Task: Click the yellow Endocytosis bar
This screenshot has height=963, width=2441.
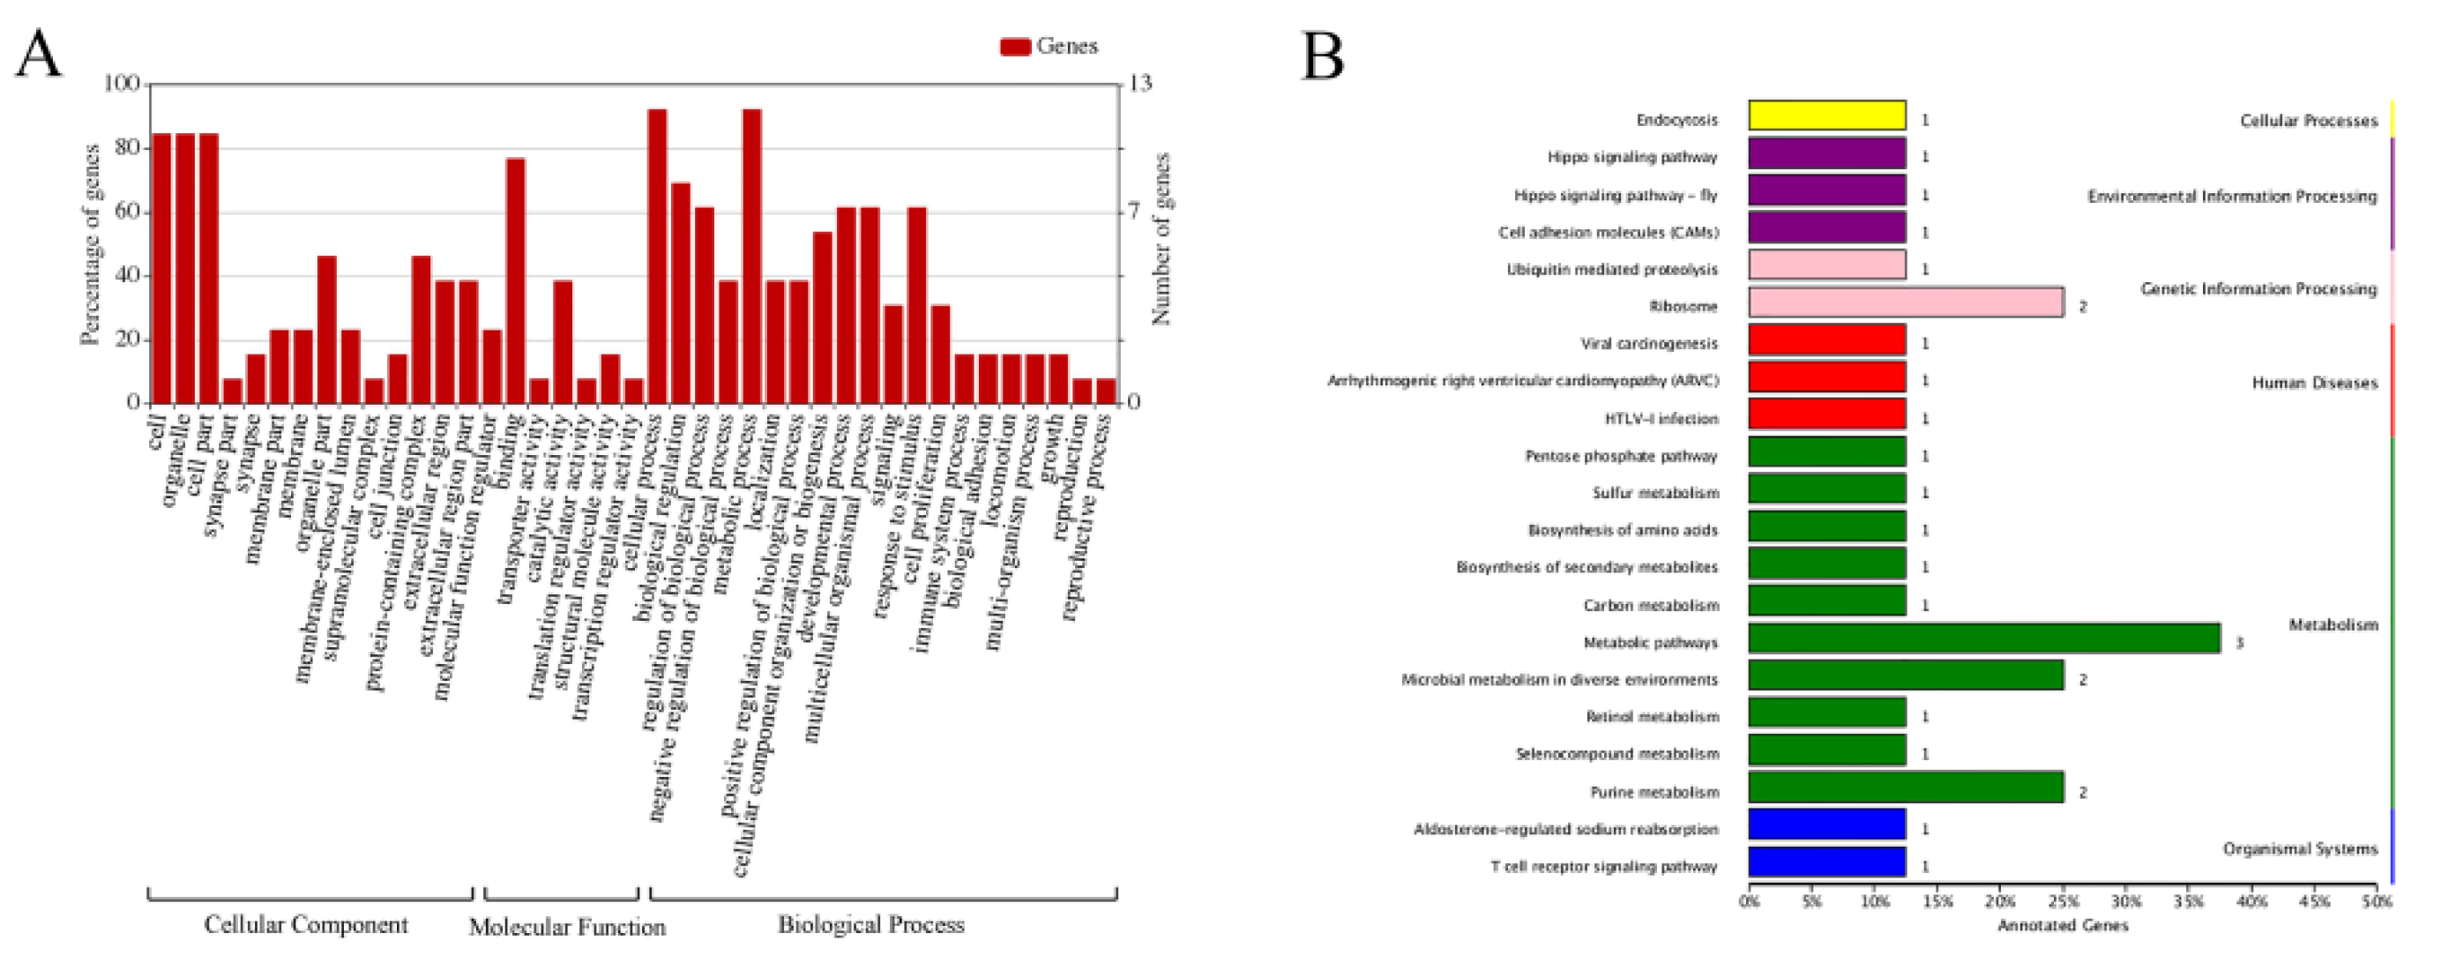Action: (x=1826, y=116)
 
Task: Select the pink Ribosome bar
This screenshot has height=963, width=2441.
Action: (x=1905, y=302)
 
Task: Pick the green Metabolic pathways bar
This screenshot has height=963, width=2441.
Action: (x=1983, y=638)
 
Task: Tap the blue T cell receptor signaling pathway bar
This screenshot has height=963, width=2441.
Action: (x=1826, y=862)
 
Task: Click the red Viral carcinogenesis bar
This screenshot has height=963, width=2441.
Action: (x=1826, y=340)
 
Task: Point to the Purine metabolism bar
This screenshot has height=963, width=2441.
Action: (x=1905, y=788)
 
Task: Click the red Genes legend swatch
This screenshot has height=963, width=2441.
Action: (x=1015, y=47)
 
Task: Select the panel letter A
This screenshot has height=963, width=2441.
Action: (x=38, y=55)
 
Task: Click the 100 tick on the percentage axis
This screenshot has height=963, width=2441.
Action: (x=122, y=85)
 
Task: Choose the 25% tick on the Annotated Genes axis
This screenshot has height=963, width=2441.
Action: (x=2063, y=900)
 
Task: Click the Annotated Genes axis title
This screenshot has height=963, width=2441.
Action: (x=2063, y=926)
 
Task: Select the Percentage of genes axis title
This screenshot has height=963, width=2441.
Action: (x=91, y=244)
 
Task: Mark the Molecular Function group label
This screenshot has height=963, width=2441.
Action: (x=567, y=927)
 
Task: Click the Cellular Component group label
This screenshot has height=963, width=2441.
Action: (x=306, y=925)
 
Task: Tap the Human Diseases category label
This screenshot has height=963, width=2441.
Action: (x=2314, y=383)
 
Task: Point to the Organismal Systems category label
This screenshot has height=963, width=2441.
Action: (x=2300, y=848)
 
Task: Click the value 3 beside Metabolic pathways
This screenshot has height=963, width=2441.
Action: (x=2239, y=643)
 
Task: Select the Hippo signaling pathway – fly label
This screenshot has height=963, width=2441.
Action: (x=1615, y=195)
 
